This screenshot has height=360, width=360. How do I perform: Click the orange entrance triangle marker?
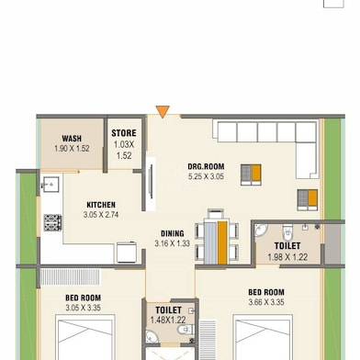pos(163,111)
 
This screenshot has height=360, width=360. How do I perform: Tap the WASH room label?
pos(72,139)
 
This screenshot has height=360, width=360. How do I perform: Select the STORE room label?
pos(124,133)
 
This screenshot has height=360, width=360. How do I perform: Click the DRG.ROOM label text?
pos(206,167)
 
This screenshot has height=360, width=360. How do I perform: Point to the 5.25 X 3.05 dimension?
pos(206,176)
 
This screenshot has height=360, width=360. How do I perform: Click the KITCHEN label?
pos(101,205)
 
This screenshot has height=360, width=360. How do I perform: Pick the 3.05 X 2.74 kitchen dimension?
pos(101,215)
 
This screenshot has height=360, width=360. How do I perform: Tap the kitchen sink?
pos(51,184)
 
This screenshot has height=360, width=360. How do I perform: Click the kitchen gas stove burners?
pos(52,222)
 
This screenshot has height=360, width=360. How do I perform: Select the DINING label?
pos(173,233)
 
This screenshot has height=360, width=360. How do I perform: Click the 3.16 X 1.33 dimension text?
pos(172,243)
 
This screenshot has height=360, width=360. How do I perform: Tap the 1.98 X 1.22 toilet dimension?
pos(287,257)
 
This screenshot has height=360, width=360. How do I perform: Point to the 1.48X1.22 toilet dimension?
pos(168,321)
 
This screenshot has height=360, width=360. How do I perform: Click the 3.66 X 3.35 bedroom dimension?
pos(266,302)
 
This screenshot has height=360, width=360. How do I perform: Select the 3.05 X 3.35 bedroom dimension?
pos(83,308)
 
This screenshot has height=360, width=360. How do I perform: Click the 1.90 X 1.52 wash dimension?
pos(72,149)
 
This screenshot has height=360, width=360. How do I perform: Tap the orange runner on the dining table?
pos(222,242)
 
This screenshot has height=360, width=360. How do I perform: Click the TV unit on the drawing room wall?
pos(151,184)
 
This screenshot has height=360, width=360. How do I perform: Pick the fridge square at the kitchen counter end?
pos(127,253)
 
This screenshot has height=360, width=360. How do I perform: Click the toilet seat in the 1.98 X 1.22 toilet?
pos(287,233)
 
